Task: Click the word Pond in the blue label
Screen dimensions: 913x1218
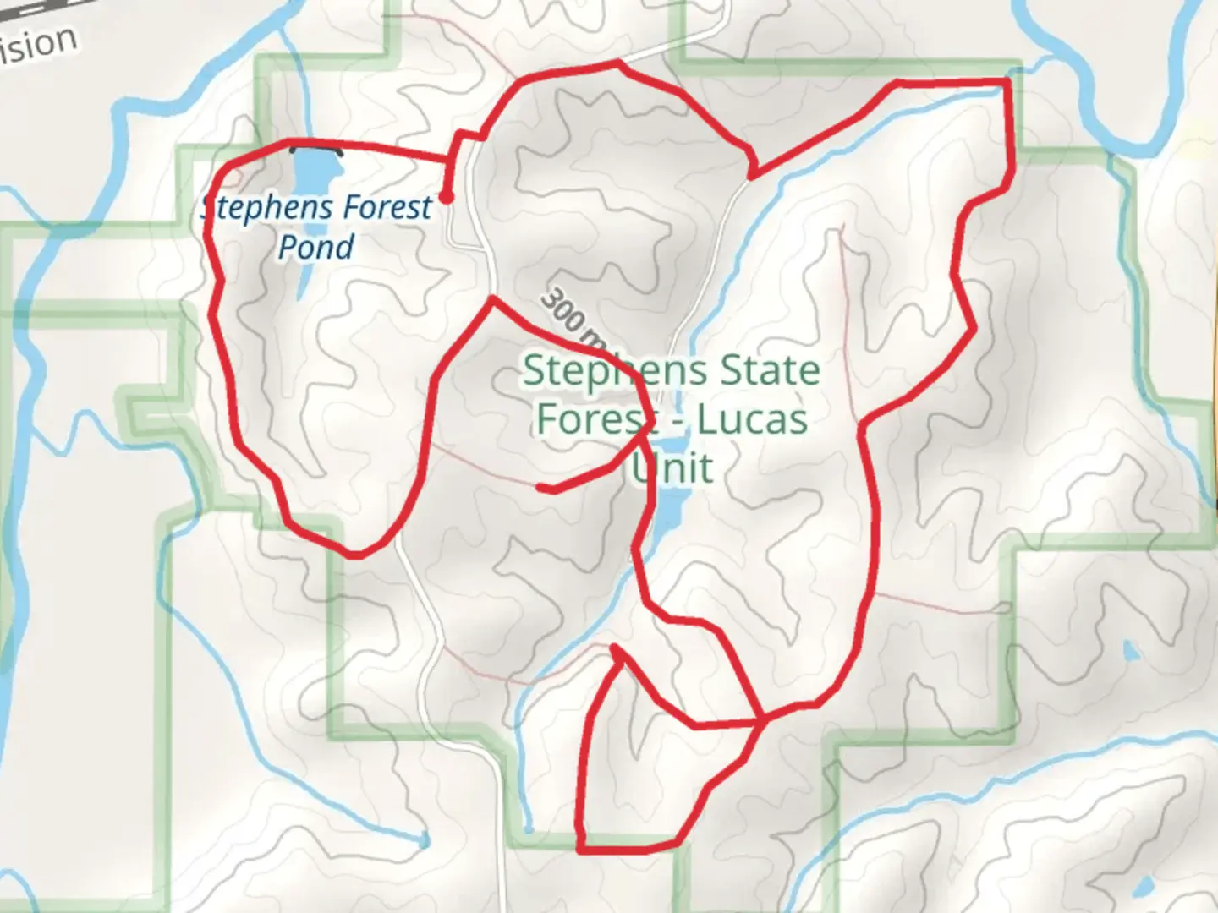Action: pyautogui.click(x=316, y=247)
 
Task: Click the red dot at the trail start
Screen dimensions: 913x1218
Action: pyautogui.click(x=447, y=198)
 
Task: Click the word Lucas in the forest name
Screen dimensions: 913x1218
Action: pyautogui.click(x=753, y=419)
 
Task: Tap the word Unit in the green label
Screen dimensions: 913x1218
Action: pyautogui.click(x=673, y=467)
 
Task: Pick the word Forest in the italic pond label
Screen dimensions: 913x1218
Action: pyautogui.click(x=376, y=207)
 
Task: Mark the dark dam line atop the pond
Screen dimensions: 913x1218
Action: pyautogui.click(x=317, y=150)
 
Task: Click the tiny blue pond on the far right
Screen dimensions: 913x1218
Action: pyautogui.click(x=1128, y=652)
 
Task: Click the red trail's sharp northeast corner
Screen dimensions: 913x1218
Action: pyautogui.click(x=1007, y=81)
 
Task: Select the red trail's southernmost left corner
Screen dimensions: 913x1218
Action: pyautogui.click(x=581, y=848)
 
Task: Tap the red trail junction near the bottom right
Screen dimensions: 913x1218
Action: pyautogui.click(x=763, y=720)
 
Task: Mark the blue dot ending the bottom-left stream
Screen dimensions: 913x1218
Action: pyautogui.click(x=424, y=840)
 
